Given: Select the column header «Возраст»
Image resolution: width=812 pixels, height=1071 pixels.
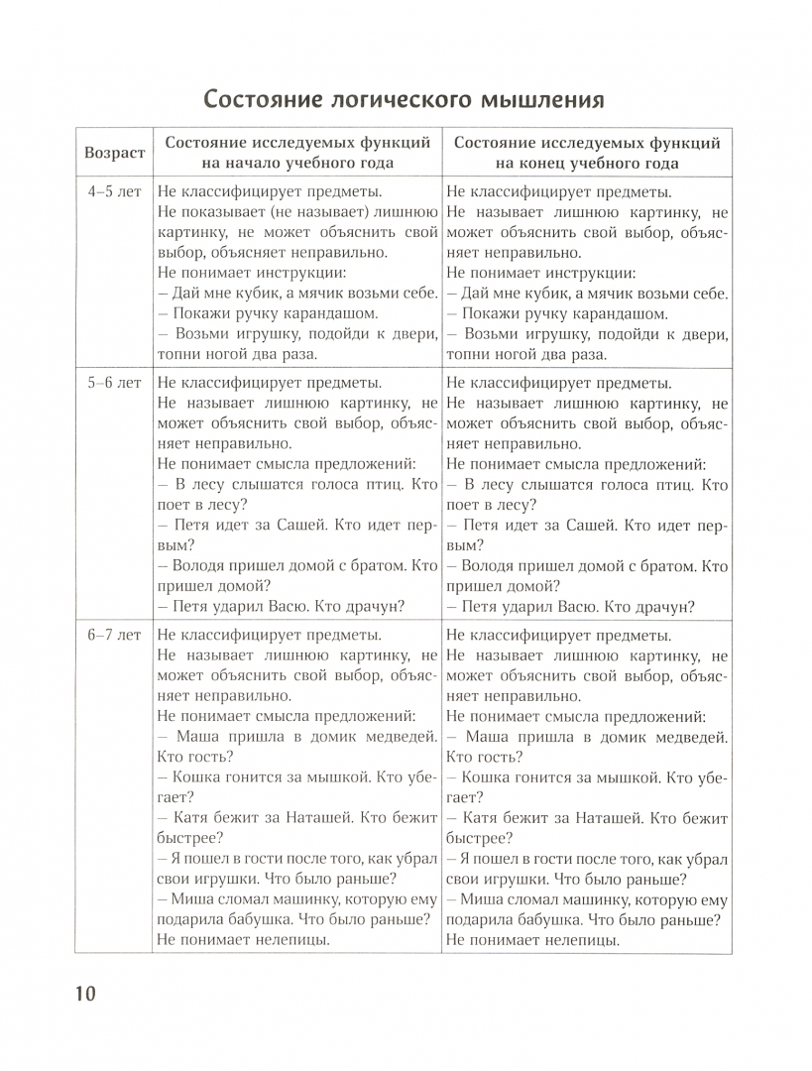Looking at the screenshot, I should tap(115, 153).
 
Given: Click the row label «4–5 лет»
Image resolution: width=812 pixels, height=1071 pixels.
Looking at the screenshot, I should tap(115, 192).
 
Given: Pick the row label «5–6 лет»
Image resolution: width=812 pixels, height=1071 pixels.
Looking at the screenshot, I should tap(115, 382).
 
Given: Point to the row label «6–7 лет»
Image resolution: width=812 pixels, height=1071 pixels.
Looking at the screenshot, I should tap(115, 635).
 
